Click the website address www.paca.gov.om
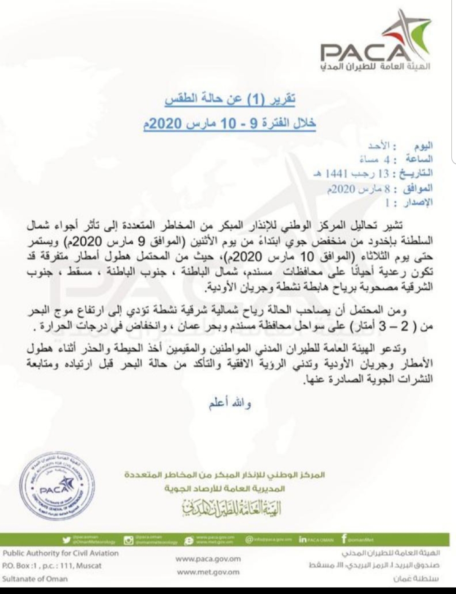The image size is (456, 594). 208,559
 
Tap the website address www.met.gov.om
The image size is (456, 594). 208,572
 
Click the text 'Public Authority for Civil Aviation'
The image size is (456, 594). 61,553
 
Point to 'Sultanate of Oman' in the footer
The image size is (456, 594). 35,579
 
